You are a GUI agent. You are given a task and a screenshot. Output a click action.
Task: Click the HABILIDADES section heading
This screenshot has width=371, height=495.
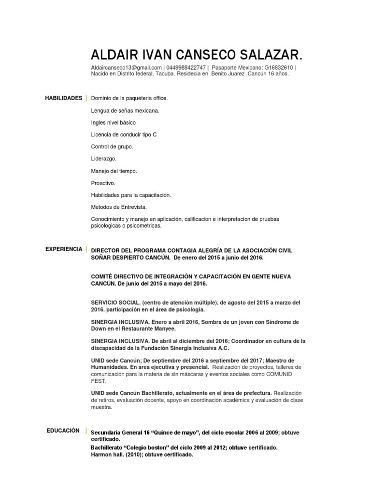[64, 98]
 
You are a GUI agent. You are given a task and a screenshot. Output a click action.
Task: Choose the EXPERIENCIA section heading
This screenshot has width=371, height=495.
[64, 249]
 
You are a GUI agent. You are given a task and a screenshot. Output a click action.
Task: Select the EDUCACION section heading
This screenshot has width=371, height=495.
[63, 430]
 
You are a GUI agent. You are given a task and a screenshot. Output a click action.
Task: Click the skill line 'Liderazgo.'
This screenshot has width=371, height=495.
[104, 159]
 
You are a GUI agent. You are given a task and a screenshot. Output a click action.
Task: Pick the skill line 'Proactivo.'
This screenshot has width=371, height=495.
[103, 183]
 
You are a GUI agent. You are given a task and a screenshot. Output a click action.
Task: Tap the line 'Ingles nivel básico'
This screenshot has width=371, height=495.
[113, 123]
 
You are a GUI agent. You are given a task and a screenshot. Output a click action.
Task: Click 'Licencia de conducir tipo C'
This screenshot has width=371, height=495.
[124, 134]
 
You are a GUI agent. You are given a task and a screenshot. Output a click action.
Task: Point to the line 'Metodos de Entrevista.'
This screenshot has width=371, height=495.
[119, 207]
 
